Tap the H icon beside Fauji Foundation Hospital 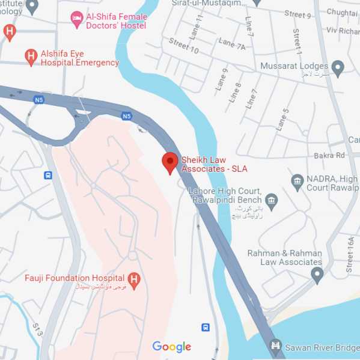pos(134,279)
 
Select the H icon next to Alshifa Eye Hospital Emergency pos(31,58)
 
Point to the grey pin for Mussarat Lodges pos(338,66)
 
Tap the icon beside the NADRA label pos(297,180)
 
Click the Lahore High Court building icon pos(272,200)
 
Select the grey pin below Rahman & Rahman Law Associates pos(317,275)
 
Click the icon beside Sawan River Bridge pos(275,346)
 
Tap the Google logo pos(172,347)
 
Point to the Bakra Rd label pos(329,156)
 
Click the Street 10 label pos(183,46)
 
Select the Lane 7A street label pos(231,43)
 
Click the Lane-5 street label pos(282,119)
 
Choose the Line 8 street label pos(236,93)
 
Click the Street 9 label pos(298,14)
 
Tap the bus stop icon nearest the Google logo pos(206,328)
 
